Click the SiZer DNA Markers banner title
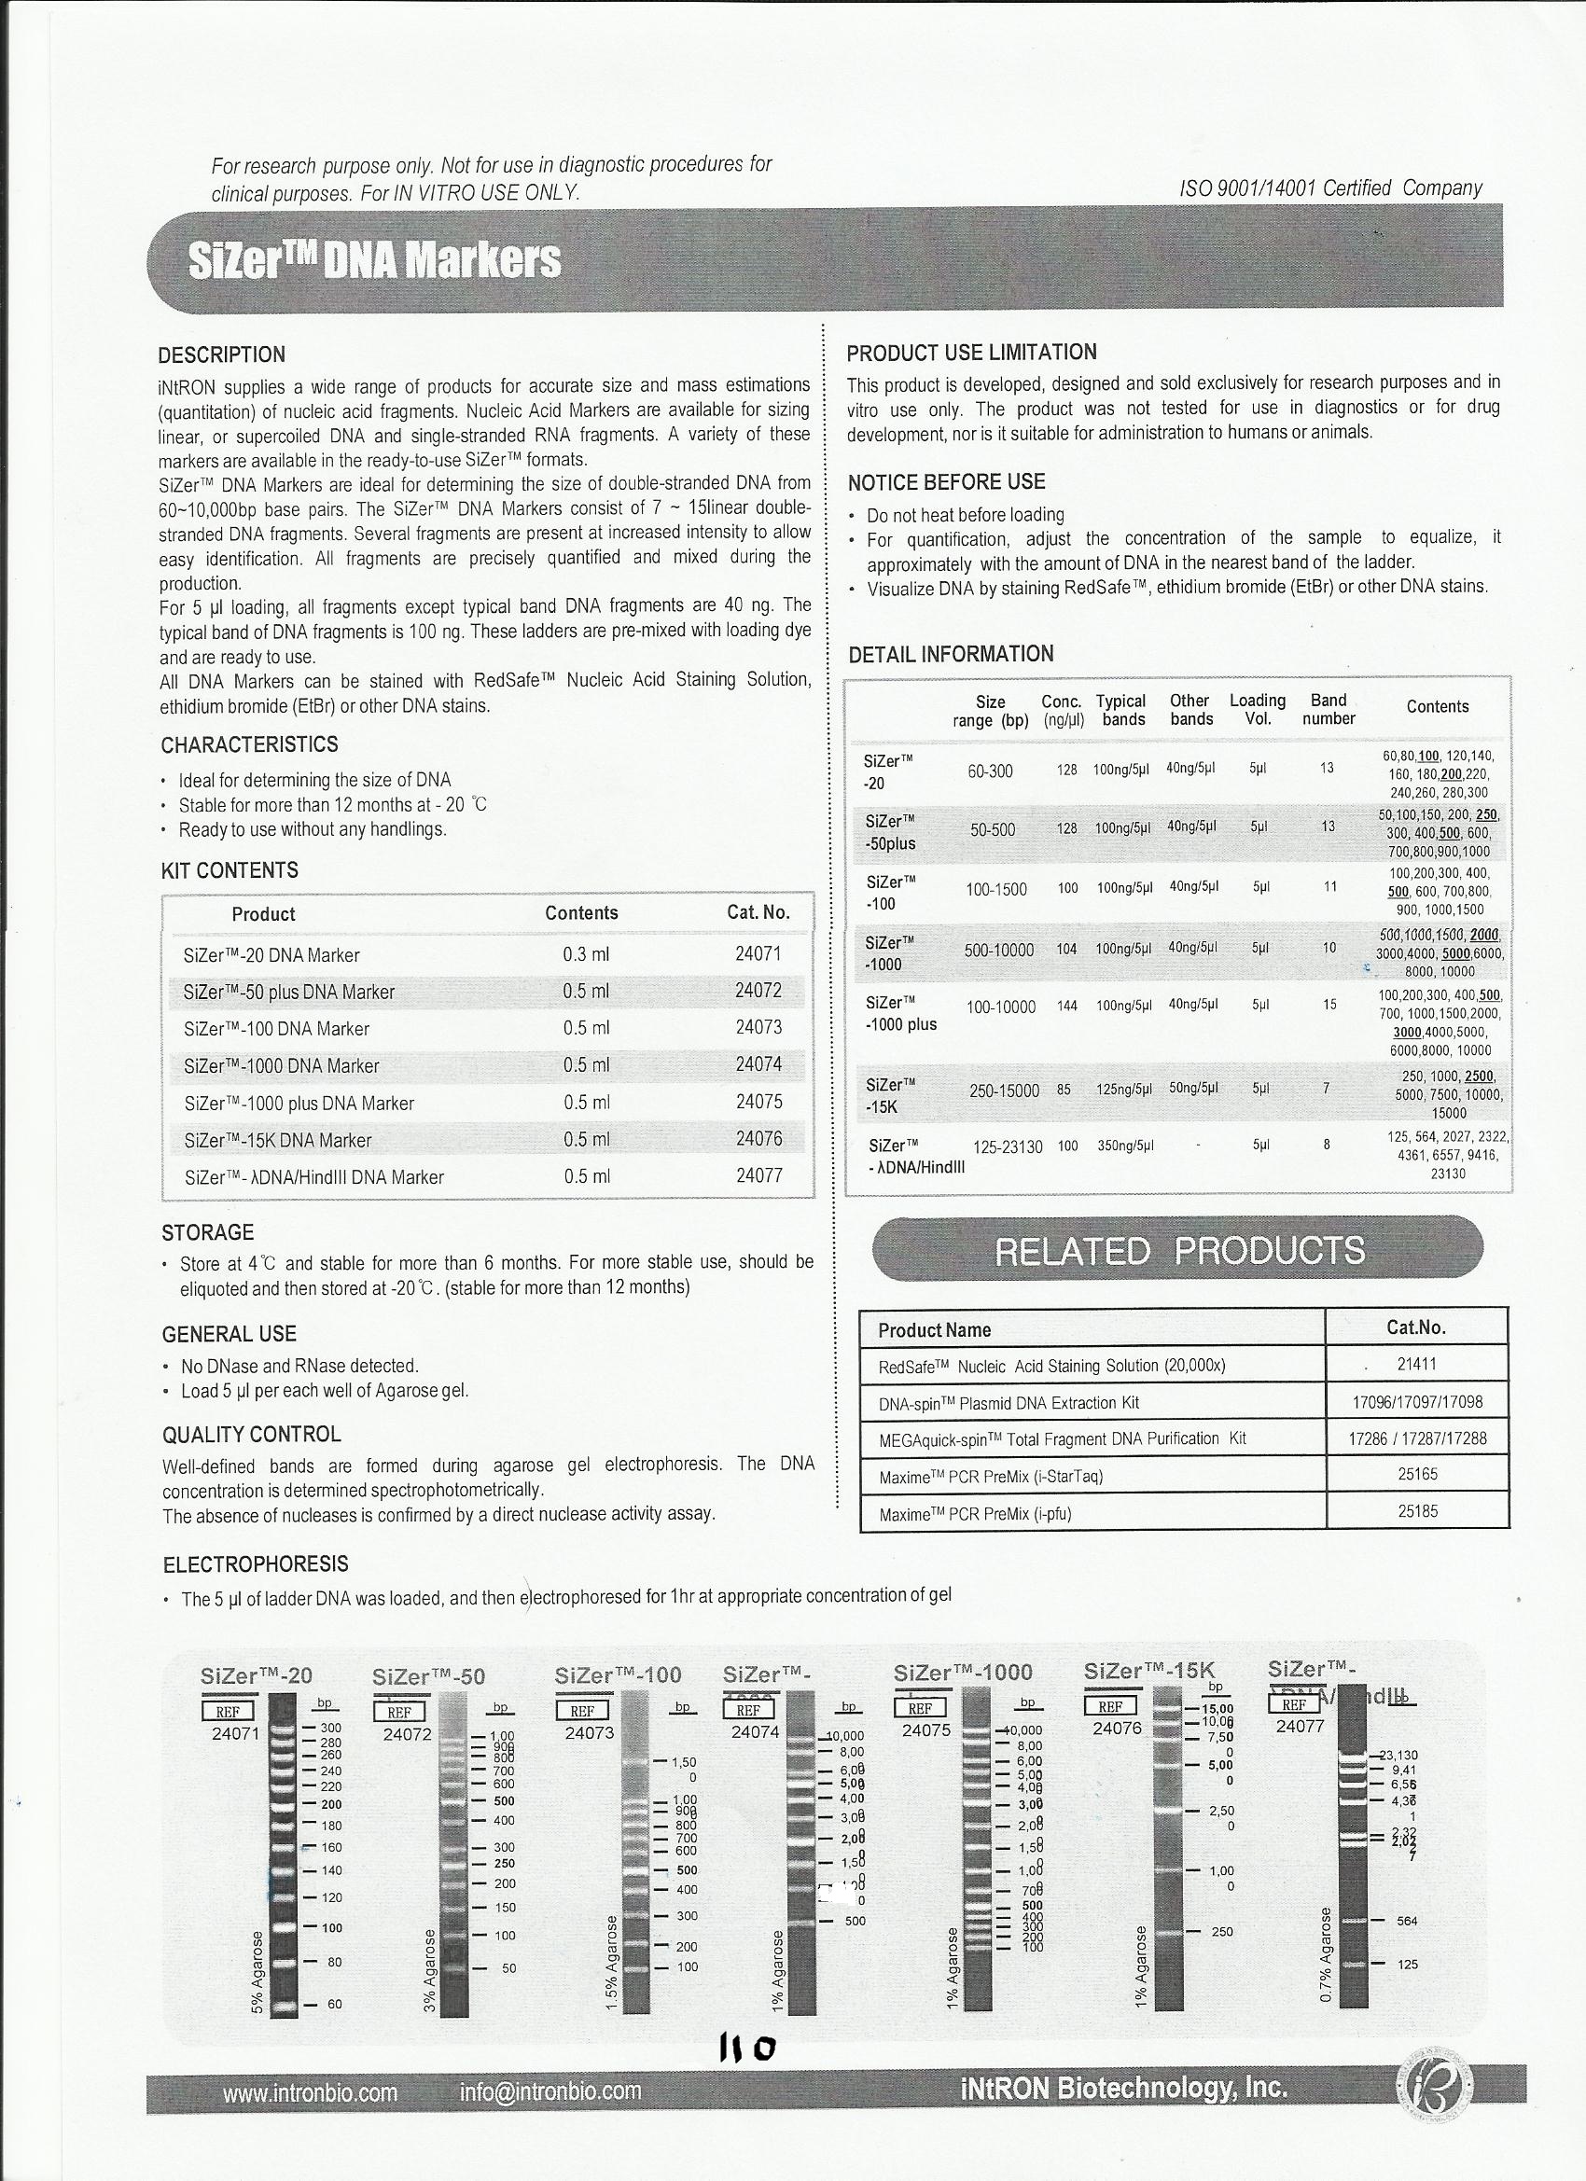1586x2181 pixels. (x=374, y=260)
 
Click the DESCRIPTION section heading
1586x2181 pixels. (x=221, y=354)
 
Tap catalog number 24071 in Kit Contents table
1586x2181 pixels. (x=758, y=954)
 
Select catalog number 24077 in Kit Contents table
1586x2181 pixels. (x=758, y=1175)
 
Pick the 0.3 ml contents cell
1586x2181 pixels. (x=586, y=954)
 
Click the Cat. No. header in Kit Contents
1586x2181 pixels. (x=758, y=912)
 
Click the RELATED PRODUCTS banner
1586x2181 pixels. (x=1178, y=1250)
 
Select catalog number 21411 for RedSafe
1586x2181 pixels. (x=1417, y=1364)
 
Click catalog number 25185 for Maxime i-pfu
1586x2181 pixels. (x=1417, y=1510)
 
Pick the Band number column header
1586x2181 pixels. (x=1329, y=710)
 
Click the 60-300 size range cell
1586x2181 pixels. (x=990, y=771)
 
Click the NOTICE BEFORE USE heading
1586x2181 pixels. (x=945, y=481)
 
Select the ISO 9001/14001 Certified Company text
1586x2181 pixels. (x=1330, y=188)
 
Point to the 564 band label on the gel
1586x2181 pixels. (x=1407, y=1921)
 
